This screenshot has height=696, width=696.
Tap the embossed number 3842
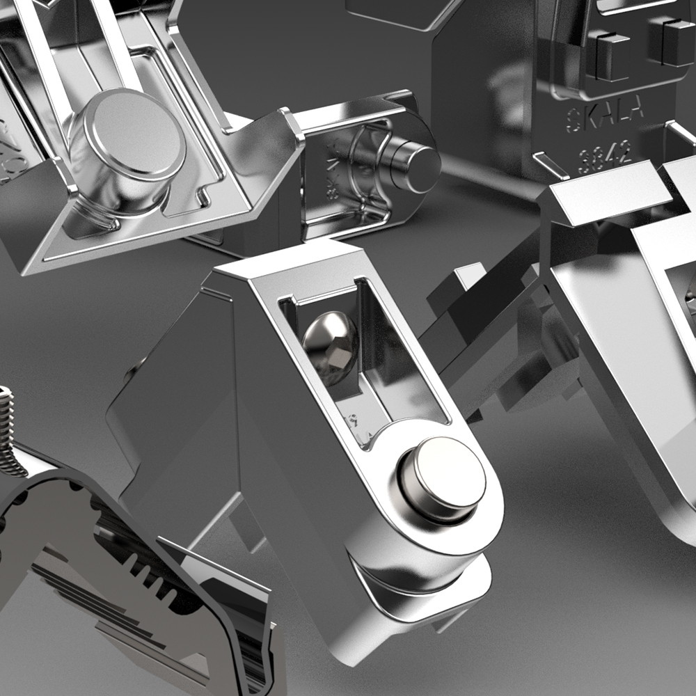coord(604,151)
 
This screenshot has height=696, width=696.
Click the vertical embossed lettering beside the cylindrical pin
coord(333,171)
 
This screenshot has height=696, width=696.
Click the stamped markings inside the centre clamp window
coord(355,421)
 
